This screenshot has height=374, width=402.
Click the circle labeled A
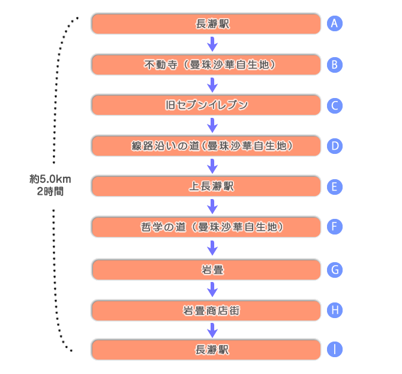pyautogui.click(x=335, y=23)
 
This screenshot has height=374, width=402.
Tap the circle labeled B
pyautogui.click(x=335, y=64)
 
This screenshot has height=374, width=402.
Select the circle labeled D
pyautogui.click(x=335, y=146)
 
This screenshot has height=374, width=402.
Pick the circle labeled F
pyautogui.click(x=335, y=227)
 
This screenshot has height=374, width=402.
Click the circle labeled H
pyautogui.click(x=335, y=310)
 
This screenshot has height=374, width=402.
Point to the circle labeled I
pyautogui.click(x=335, y=349)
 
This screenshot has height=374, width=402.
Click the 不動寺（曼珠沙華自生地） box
pyautogui.click(x=206, y=64)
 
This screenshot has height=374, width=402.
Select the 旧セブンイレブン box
pyautogui.click(x=206, y=105)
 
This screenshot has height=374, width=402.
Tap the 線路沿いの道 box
pyautogui.click(x=206, y=146)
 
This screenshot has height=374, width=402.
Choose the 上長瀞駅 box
pyautogui.click(x=206, y=186)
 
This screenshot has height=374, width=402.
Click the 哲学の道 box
pyautogui.click(x=206, y=227)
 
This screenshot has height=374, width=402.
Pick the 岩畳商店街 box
pyautogui.click(x=206, y=310)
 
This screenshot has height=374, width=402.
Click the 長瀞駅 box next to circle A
pyautogui.click(x=206, y=24)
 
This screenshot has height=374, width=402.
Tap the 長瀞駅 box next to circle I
pyautogui.click(x=206, y=349)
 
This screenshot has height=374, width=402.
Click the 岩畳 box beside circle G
pyautogui.click(x=206, y=270)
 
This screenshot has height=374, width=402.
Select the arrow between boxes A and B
pyautogui.click(x=211, y=44)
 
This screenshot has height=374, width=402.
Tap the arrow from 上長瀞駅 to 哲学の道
pyautogui.click(x=211, y=206)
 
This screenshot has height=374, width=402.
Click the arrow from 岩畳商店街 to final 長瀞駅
pyautogui.click(x=211, y=330)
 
